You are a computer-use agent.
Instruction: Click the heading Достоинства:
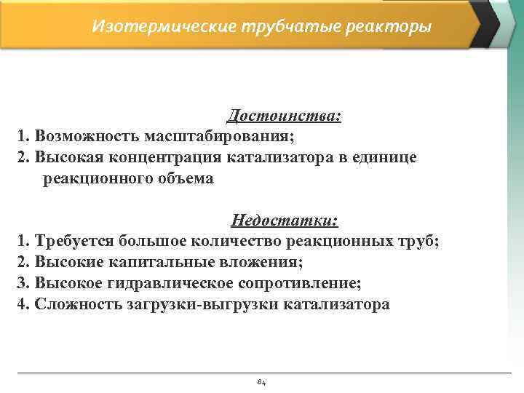click(285, 116)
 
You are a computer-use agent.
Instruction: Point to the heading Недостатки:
click(285, 220)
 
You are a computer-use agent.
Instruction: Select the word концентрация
click(167, 157)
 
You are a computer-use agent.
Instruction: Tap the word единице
click(386, 157)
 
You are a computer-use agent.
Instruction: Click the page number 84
click(262, 382)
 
